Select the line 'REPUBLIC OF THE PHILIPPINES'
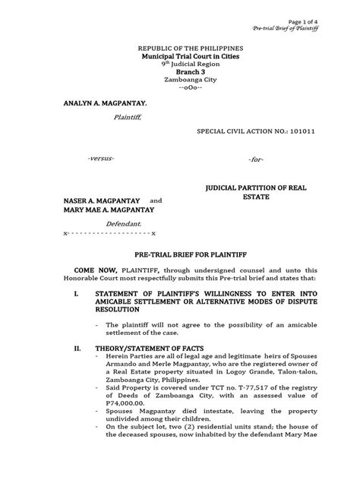click(x=180, y=48)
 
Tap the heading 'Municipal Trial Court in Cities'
click(x=180, y=57)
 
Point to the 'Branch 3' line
click(x=180, y=75)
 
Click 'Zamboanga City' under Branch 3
click(x=180, y=84)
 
